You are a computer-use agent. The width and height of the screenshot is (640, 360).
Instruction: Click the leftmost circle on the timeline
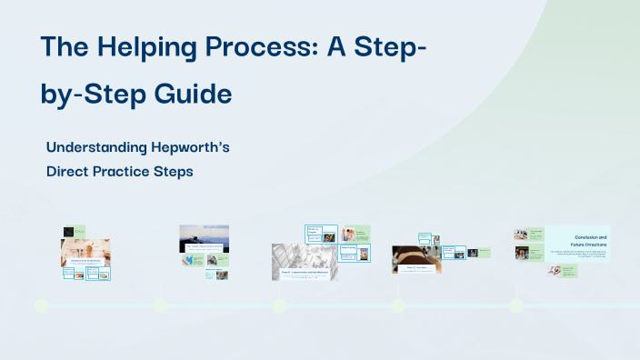pos(42,305)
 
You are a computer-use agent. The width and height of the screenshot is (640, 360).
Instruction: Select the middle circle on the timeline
pos(279,305)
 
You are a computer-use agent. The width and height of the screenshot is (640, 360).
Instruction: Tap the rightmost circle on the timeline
pos(516,305)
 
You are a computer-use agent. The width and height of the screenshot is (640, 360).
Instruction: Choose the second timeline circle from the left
pos(160,305)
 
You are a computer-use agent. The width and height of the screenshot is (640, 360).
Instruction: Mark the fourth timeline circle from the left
pos(397,305)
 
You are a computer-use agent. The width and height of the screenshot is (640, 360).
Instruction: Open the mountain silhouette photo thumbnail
pos(205,236)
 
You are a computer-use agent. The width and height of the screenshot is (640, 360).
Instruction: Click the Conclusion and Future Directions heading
pos(590,241)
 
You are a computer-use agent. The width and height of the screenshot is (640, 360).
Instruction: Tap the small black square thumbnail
pos(68,232)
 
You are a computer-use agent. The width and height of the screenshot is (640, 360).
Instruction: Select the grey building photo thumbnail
pos(303,258)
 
